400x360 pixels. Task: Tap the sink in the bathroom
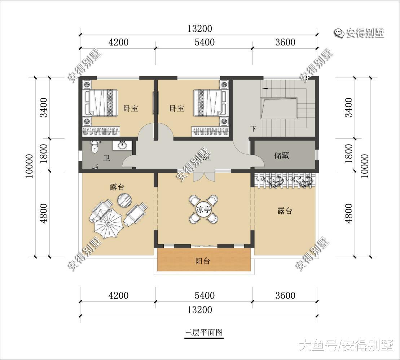click(x=122, y=146)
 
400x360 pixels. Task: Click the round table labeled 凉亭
click(x=203, y=209)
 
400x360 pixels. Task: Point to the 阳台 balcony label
click(x=203, y=261)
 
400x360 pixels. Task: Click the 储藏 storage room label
click(x=282, y=155)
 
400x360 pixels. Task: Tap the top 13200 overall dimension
click(x=199, y=28)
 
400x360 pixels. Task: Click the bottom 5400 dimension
click(x=205, y=296)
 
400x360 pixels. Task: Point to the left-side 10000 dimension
click(x=30, y=166)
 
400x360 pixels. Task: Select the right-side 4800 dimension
click(x=349, y=214)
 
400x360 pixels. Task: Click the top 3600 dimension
click(x=285, y=42)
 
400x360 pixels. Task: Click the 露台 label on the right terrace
click(x=285, y=211)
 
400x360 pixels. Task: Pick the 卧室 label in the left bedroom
click(x=131, y=108)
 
